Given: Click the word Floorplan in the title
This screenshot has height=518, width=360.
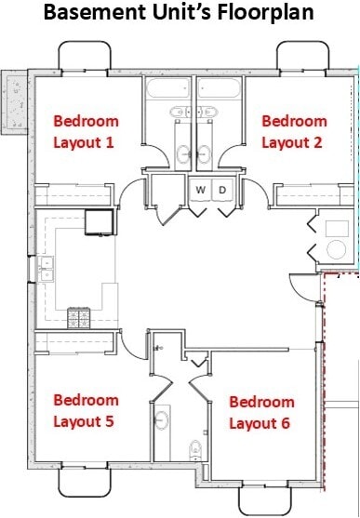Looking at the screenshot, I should coord(262,14).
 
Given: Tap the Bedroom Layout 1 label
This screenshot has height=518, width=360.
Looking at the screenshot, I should coord(86,131).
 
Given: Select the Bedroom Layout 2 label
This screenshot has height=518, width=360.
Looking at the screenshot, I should coord(294,131).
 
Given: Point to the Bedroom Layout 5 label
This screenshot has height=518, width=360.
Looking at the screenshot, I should coord(86,410).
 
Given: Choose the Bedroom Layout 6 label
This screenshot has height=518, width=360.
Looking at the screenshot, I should coord(261,413).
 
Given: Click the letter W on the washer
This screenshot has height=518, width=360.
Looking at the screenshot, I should coord(200,190).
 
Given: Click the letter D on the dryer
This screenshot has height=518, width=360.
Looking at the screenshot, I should coord(223,190).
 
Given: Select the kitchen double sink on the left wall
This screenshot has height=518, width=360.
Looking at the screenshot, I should coord(46,270).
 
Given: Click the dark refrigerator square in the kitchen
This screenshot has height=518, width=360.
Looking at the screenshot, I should coord(99,221).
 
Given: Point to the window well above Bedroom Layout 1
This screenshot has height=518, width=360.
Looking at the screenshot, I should coord(85,57).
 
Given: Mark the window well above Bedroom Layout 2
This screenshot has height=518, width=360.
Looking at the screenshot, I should coord(302,57).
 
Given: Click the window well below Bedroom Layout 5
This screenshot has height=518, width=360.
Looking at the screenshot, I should coord(85,482).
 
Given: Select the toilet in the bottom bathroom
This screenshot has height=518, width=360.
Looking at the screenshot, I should coord(194,451).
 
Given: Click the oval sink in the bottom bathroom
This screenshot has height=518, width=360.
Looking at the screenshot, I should coord(160,420).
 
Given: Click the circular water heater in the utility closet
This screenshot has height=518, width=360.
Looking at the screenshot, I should coord(336,248).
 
